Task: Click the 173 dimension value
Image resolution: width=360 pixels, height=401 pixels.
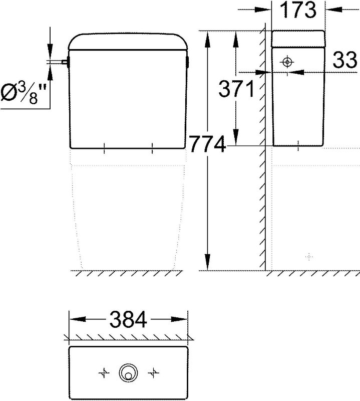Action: (x=298, y=10)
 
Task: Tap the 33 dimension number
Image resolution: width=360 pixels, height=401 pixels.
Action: (x=344, y=60)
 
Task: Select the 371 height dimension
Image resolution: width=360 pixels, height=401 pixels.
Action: (x=237, y=89)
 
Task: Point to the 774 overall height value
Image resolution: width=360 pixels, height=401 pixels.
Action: (x=208, y=144)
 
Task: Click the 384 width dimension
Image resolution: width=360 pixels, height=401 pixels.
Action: (x=128, y=319)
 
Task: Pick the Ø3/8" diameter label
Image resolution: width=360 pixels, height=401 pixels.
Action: (x=24, y=93)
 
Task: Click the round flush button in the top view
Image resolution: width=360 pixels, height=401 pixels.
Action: (x=128, y=373)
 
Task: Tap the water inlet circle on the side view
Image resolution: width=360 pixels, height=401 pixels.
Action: (x=287, y=62)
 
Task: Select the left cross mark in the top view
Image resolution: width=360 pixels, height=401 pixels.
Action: (x=104, y=373)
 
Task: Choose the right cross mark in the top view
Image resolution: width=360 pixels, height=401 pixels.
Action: (x=153, y=373)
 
